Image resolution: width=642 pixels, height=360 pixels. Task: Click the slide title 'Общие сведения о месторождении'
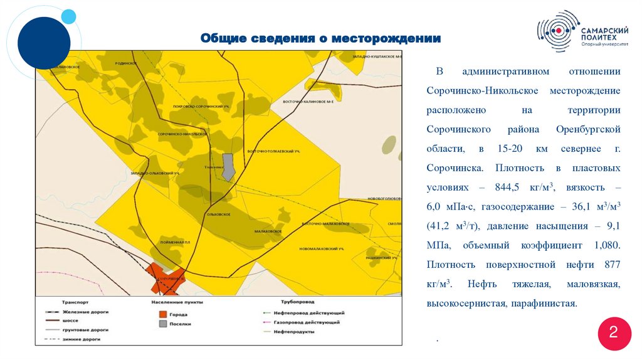[320, 39]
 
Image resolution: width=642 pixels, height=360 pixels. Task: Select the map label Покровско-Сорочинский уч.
[199, 107]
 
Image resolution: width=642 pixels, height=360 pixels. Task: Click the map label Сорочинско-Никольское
[182, 134]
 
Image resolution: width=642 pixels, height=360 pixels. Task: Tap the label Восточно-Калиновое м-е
[308, 102]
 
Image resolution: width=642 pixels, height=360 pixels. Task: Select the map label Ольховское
[219, 214]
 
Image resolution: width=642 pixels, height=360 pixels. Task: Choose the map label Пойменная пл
[175, 242]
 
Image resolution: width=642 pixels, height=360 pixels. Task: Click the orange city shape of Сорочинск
[166, 278]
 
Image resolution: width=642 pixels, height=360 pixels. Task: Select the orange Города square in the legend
[162, 314]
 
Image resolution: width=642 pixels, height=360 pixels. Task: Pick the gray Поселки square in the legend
[162, 324]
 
